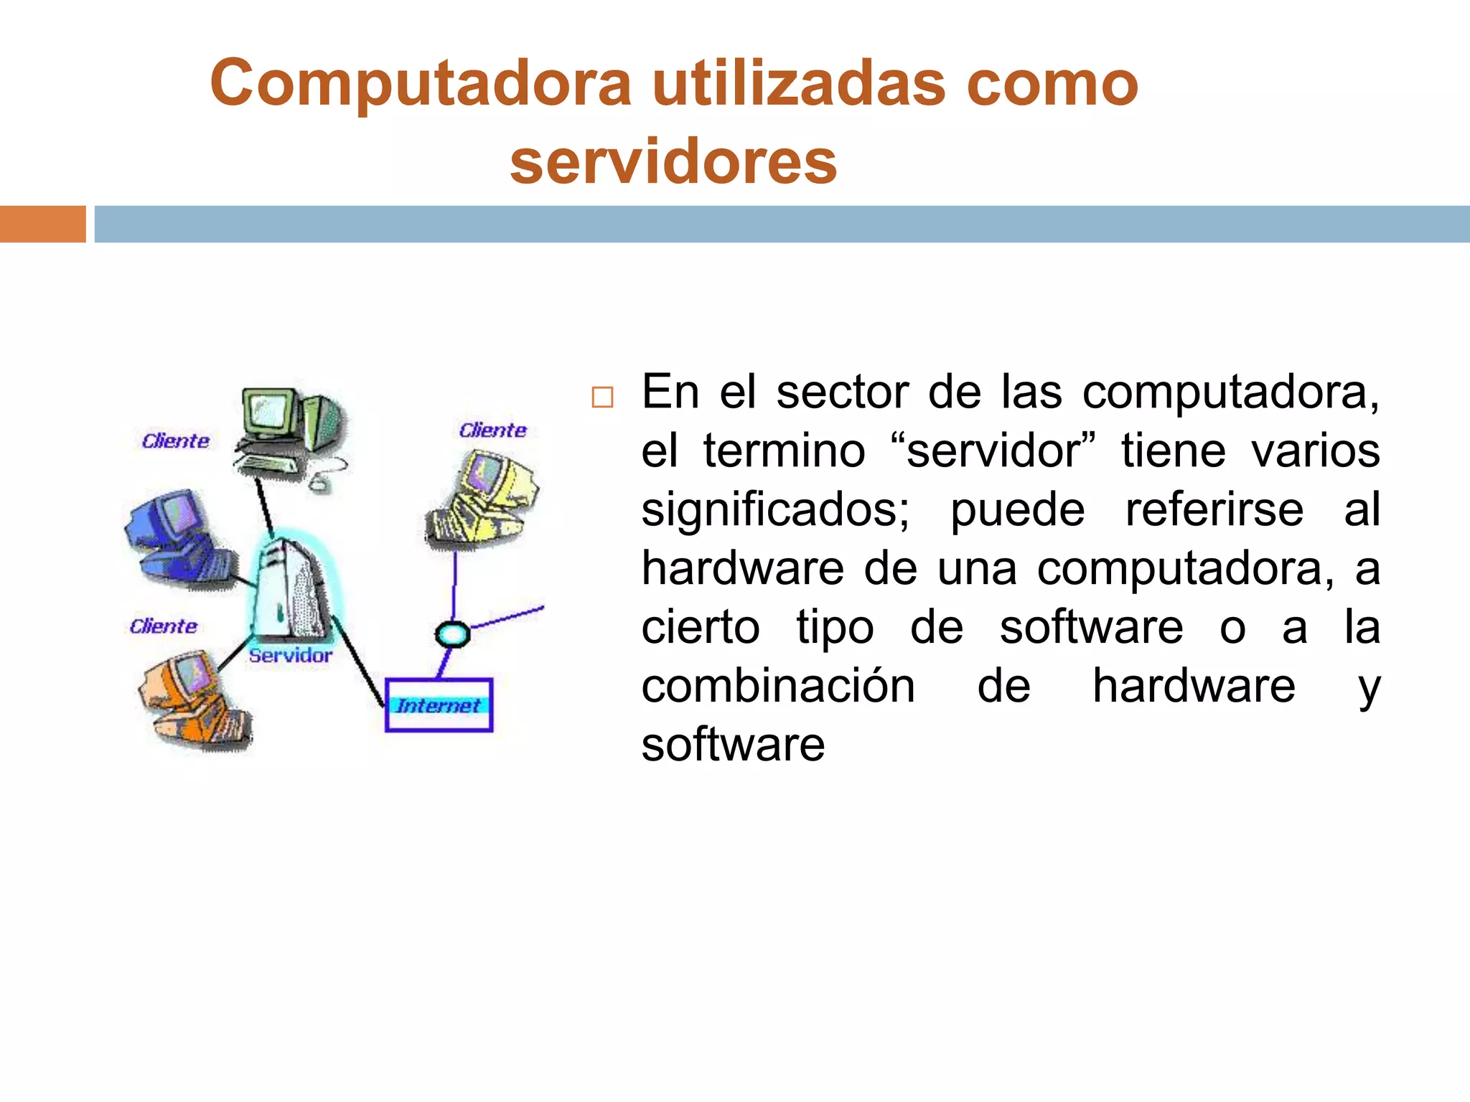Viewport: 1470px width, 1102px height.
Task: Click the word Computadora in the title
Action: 421,85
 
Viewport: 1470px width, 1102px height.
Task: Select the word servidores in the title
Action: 673,162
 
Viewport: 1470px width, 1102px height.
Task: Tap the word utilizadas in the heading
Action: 799,85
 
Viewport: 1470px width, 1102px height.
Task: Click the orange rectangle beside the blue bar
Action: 42,224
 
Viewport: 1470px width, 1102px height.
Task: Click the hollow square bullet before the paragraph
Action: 602,397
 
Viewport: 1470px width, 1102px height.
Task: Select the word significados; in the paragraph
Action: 775,510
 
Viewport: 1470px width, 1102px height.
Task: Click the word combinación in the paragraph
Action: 778,687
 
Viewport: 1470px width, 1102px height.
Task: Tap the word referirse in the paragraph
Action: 1214,510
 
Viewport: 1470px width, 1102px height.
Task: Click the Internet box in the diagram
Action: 439,705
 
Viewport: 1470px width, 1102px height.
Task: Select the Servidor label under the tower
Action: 290,655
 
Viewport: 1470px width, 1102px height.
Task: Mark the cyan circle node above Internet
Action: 452,634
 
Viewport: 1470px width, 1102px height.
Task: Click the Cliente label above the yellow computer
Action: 492,430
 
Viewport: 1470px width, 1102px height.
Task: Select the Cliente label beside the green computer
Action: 175,441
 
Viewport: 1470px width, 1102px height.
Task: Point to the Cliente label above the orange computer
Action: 163,626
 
